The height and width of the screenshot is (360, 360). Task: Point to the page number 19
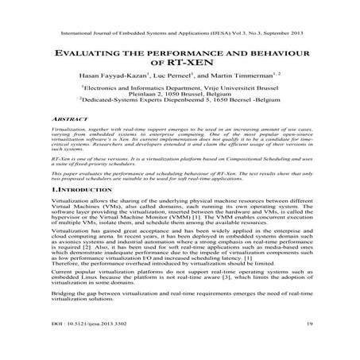306,347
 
